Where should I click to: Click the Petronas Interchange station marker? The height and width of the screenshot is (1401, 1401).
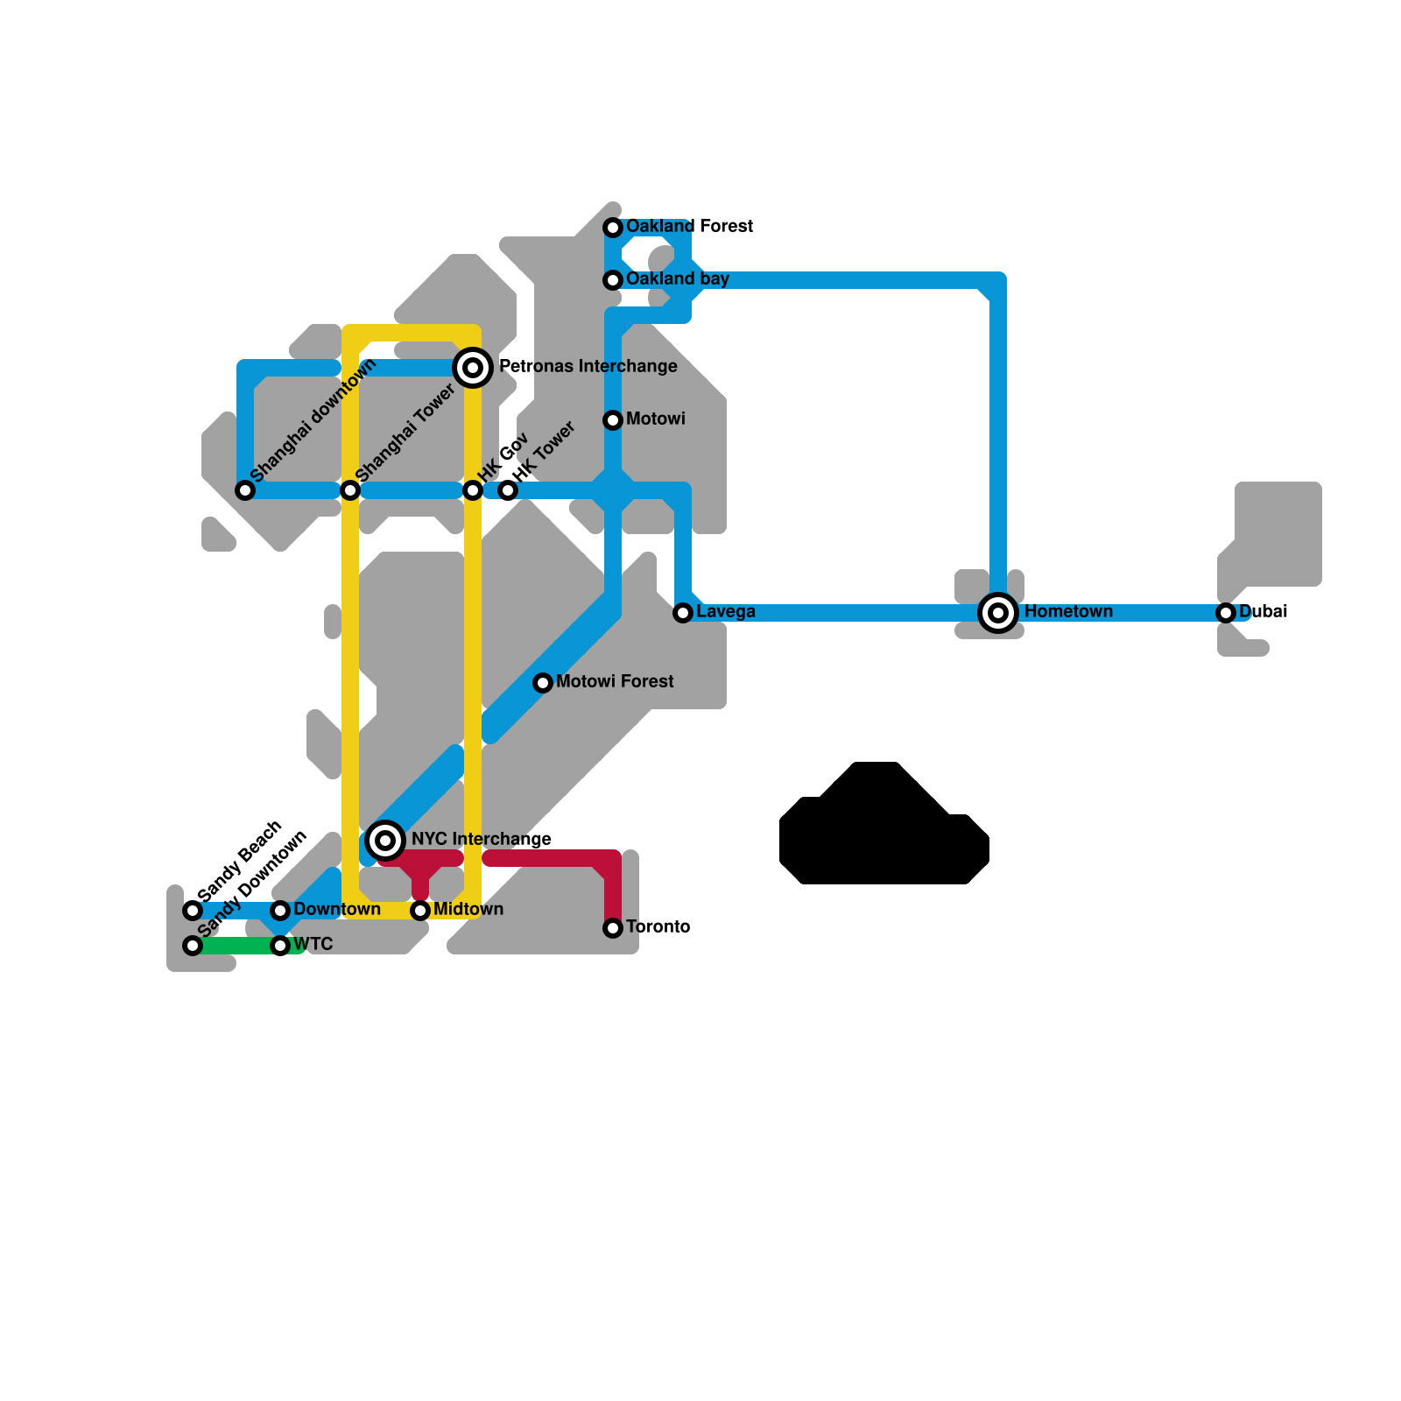click(473, 368)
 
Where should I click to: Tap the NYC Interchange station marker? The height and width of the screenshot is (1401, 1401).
click(385, 841)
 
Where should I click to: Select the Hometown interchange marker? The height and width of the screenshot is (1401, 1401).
click(998, 613)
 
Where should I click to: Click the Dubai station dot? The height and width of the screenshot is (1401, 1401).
click(1226, 613)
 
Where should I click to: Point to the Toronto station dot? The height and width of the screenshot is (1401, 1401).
click(613, 928)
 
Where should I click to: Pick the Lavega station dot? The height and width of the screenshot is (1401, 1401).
click(683, 613)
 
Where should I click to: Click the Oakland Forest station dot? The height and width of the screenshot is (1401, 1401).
click(613, 228)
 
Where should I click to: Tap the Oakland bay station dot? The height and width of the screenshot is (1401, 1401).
click(613, 280)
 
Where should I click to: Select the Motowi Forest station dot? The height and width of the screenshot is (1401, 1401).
click(543, 683)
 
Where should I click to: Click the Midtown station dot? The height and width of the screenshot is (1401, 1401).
click(420, 911)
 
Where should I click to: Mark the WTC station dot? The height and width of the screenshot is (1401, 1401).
click(280, 946)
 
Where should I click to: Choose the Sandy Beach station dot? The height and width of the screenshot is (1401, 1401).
click(193, 911)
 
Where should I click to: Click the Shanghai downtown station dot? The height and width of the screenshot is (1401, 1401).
click(245, 490)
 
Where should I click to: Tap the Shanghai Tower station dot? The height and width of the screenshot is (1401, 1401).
click(350, 490)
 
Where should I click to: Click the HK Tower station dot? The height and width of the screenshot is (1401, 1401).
click(508, 490)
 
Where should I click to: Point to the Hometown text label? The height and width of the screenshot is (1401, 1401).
click(1068, 611)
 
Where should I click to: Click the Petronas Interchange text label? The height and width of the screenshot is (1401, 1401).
click(588, 366)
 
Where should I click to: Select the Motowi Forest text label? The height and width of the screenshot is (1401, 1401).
click(615, 681)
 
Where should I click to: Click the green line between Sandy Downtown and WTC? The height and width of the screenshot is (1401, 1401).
click(236, 946)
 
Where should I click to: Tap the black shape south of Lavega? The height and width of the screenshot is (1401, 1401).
click(884, 832)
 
